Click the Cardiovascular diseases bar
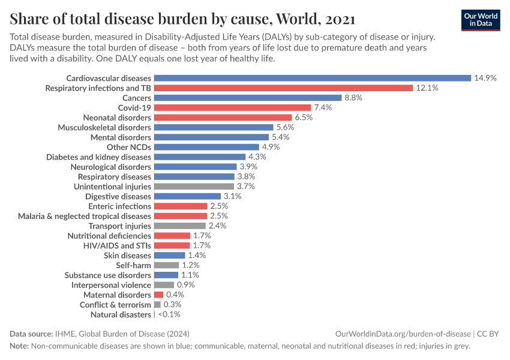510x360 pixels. (x=312, y=78)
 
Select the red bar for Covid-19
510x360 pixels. (x=232, y=107)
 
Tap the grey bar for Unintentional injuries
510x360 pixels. (x=191, y=187)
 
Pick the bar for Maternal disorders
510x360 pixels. (x=158, y=295)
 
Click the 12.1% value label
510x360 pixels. (x=427, y=88)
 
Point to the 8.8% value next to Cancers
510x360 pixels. (x=353, y=98)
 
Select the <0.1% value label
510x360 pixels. (x=169, y=314)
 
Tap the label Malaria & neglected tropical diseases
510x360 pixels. (x=85, y=216)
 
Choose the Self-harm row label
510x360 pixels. (x=133, y=265)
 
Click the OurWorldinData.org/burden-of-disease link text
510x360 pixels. (x=403, y=334)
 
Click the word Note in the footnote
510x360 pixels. (x=19, y=346)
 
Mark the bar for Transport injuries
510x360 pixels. (x=180, y=226)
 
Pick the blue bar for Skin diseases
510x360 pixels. (x=169, y=255)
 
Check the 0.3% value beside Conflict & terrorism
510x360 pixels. (x=172, y=305)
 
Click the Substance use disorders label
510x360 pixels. (x=107, y=275)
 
